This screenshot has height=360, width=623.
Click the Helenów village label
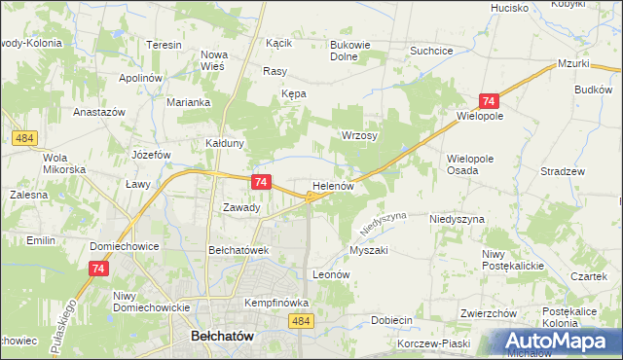coord(339,185)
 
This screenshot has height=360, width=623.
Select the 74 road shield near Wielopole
coord(489,101)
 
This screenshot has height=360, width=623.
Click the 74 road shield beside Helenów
coord(260,182)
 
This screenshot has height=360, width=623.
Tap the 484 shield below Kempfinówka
coord(301,320)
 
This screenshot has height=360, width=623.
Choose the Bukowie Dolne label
coord(352,51)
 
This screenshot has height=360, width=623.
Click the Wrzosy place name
coord(358,136)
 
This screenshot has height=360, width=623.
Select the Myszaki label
coord(369,250)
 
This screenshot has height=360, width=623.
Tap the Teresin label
coord(165,46)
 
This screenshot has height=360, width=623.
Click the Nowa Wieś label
coord(213,61)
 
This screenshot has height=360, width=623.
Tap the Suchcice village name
coord(433,50)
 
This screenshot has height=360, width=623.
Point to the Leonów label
coord(331,274)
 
